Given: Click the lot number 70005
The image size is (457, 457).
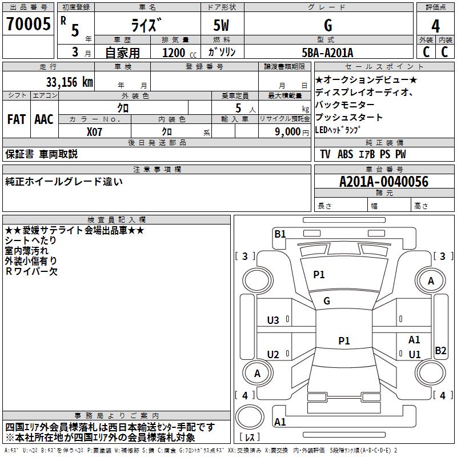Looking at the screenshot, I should tap(28, 25).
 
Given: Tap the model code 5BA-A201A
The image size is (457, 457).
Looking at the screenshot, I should tap(327, 53).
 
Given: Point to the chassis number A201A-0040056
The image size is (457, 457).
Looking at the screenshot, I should tap(383, 182).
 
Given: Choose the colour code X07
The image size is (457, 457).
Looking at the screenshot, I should tap(95, 131).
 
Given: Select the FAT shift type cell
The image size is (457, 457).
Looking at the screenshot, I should tap(17, 119).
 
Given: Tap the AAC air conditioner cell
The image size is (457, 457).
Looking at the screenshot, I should tap(44, 119).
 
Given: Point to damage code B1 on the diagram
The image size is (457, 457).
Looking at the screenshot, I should tap(280, 233).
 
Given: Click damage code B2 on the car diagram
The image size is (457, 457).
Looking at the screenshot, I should tap(440, 351).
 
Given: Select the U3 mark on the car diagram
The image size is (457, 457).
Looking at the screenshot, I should tap(273, 320).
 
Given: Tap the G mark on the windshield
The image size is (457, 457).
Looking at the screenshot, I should tap(327, 300).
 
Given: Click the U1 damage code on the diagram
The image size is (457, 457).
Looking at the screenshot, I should tap(415, 354).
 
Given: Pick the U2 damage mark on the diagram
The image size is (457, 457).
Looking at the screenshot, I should tap(273, 355).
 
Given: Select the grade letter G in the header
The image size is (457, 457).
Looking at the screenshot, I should tap(327, 26).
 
